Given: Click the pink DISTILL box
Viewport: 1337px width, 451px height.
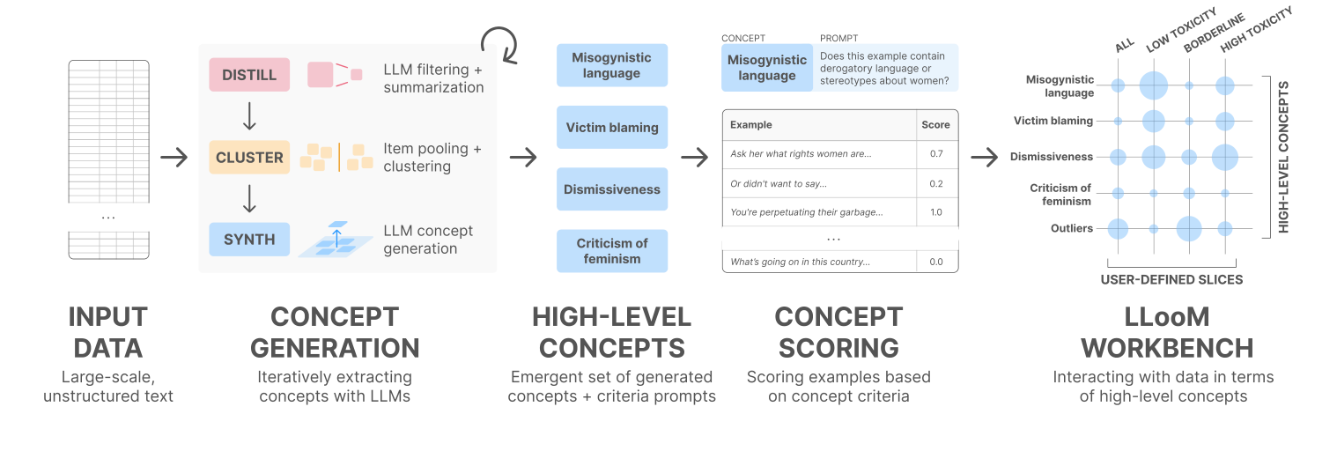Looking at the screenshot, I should coord(249,75).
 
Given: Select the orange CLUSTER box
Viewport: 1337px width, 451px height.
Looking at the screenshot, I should coord(249,158).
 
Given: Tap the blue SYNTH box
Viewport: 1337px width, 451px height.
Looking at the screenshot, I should coord(249,239).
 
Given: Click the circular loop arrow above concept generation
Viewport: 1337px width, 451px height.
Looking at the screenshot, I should coord(499,43).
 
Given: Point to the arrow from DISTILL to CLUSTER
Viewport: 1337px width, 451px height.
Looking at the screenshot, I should coord(249,115).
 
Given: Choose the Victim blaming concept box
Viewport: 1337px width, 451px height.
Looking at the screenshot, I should coord(612,128).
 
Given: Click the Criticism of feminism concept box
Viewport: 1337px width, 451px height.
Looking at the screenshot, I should coord(612,251).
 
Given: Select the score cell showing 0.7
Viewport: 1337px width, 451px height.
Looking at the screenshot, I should coord(935,154).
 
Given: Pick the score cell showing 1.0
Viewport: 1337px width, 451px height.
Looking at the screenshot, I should coord(935,212).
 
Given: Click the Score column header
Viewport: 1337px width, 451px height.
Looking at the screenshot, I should coord(935,125).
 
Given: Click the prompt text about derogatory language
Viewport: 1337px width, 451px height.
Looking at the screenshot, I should coord(884,69).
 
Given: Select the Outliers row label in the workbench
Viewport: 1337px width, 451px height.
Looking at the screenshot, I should coord(1071,228).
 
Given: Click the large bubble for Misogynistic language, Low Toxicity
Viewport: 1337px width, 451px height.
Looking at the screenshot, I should coord(1153,85).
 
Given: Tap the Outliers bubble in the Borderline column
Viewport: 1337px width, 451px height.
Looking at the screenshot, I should coord(1189,228).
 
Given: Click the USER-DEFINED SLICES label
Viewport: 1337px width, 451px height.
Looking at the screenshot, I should coord(1171,279).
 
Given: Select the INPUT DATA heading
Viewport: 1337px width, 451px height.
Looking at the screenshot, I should coord(108,332).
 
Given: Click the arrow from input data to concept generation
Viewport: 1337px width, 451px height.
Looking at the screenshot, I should coord(174,158).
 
